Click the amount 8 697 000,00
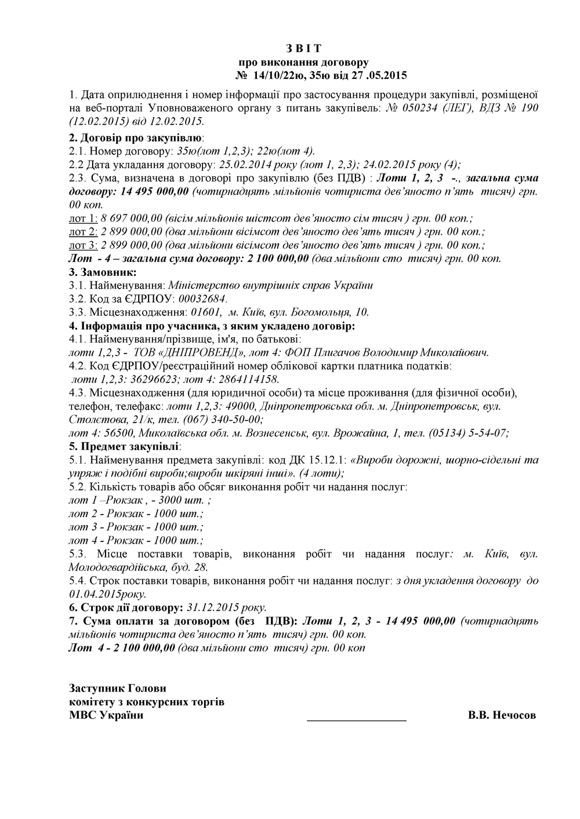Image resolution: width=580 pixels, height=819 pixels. [x=131, y=219]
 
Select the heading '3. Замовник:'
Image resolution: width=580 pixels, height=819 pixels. [x=103, y=272]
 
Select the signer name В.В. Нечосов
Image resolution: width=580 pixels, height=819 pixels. [x=502, y=715]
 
